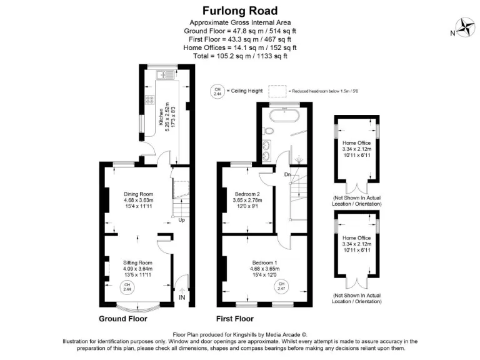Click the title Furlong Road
(x=240, y=11)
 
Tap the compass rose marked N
(x=466, y=27)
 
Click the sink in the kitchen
(x=167, y=75)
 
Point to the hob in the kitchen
(x=150, y=99)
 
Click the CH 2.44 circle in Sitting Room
(x=127, y=287)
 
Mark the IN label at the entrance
(x=182, y=297)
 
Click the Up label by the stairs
(x=181, y=221)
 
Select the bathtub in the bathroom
(x=284, y=114)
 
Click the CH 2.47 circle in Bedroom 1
(x=281, y=286)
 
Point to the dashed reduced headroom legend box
(x=279, y=91)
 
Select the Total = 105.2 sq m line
(x=240, y=56)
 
